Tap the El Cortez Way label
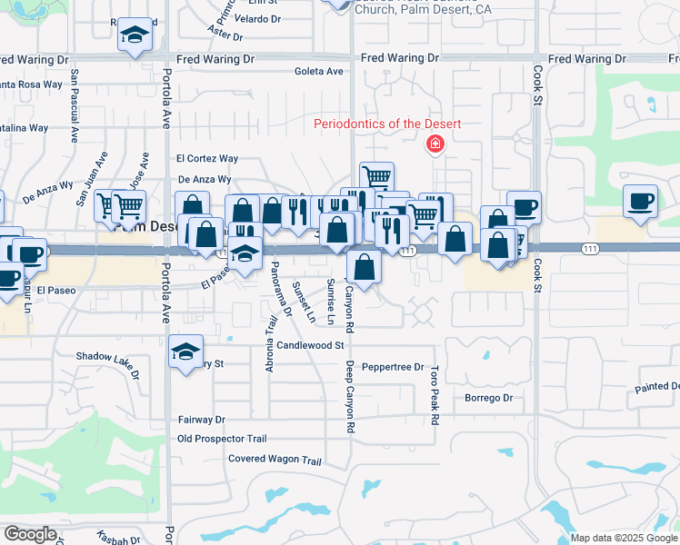coord(207,158)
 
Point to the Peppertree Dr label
coord(393,368)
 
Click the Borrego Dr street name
coord(489,398)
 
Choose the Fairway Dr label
coord(201,420)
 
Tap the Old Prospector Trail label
coord(222,439)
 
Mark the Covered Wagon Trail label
coord(275,460)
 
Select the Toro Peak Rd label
coord(435,396)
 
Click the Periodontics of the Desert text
coord(387,124)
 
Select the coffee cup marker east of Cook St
coord(640,201)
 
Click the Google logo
coord(30,534)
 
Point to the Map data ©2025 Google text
coord(625,538)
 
